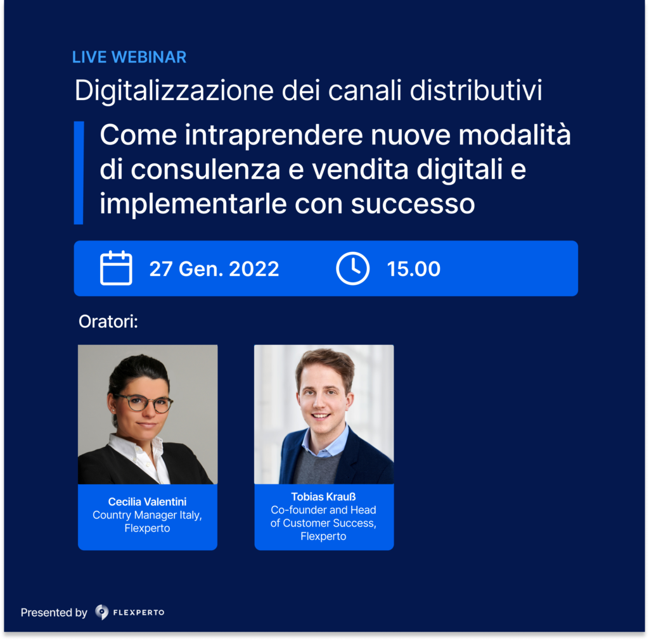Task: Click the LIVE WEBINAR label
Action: click(129, 57)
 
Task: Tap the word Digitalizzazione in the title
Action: click(174, 91)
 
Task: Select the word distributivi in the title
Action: click(476, 90)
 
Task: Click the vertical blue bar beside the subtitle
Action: click(79, 173)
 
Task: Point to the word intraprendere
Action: click(274, 135)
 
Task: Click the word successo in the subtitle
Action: click(413, 204)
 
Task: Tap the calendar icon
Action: click(116, 268)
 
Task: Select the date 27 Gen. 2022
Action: click(214, 269)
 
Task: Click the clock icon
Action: click(352, 268)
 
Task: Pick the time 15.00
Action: click(413, 269)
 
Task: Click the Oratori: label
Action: click(108, 322)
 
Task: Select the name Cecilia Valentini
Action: click(147, 502)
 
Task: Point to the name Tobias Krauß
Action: click(323, 497)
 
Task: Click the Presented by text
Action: click(54, 613)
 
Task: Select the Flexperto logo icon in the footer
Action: click(101, 612)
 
